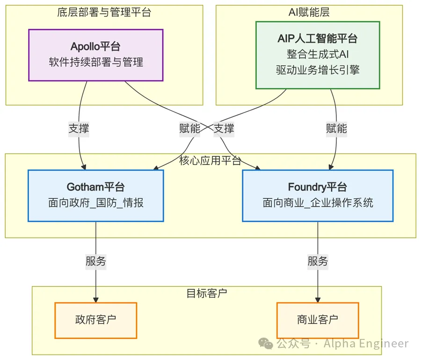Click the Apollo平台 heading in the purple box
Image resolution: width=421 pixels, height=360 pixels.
point(95,46)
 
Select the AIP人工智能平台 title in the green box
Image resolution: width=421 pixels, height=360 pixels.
point(317,38)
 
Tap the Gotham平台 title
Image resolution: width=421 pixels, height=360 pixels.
point(95,187)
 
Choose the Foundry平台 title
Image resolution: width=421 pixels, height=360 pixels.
point(317,187)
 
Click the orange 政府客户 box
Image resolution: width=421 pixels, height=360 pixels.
point(95,320)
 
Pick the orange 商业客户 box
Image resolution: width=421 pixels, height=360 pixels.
point(317,320)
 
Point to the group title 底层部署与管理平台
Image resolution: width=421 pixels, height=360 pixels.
point(104,13)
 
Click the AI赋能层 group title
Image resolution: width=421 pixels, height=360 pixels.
point(309,13)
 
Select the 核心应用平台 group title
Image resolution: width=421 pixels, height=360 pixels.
point(210,161)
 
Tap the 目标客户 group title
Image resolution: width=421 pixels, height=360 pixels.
point(206,294)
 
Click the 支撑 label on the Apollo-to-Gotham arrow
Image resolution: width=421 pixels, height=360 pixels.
point(79,129)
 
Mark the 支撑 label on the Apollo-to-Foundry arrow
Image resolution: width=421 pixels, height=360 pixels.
point(224,128)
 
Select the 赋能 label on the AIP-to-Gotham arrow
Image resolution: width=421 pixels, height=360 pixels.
point(189,128)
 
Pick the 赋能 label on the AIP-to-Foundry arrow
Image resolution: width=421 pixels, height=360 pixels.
point(336,128)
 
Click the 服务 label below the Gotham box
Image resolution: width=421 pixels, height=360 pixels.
point(96,262)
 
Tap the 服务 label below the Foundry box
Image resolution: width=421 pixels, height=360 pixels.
point(318,262)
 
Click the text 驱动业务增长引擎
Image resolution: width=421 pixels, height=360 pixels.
point(317,70)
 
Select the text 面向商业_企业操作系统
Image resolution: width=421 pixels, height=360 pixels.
point(318,203)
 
